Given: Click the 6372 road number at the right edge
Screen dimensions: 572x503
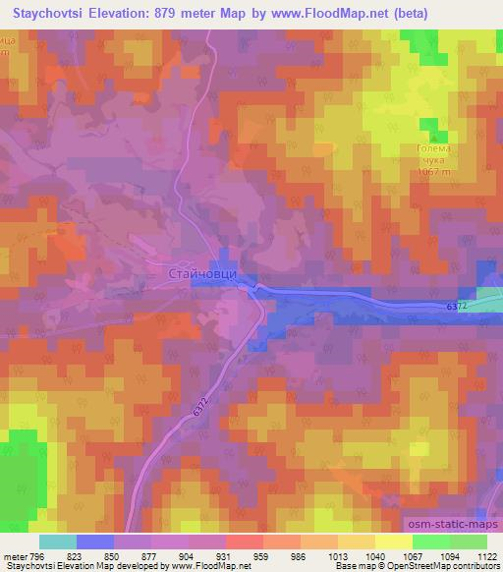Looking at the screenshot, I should coord(457,308).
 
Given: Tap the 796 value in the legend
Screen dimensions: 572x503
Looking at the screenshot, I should coord(38,555).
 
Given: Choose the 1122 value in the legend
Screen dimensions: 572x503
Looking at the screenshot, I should coord(485,555).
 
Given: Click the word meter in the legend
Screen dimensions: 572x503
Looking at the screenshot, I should coord(14,555).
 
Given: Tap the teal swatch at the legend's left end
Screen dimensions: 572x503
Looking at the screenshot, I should coord(58,542).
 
